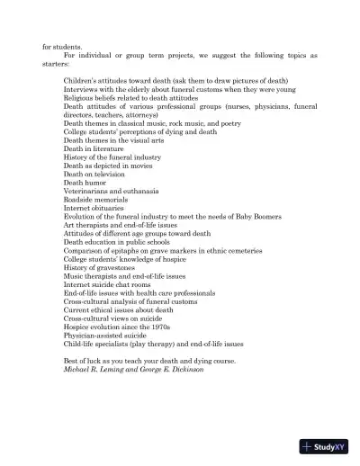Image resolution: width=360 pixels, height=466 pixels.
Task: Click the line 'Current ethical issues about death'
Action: (121, 309)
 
